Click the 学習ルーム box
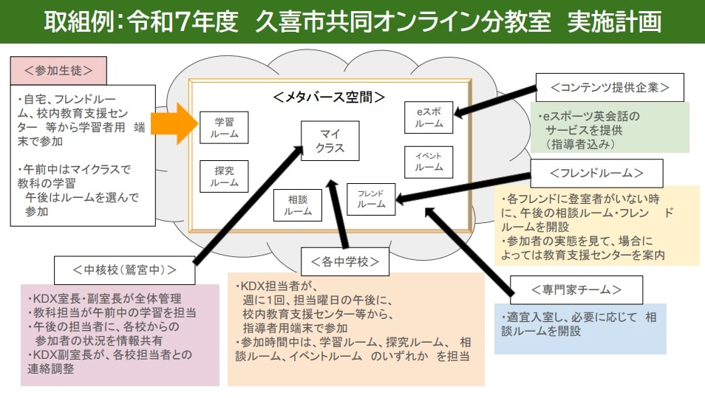(224, 127)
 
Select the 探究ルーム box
(224, 176)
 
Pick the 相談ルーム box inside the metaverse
(298, 205)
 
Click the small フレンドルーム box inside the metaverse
(371, 198)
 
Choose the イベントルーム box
(429, 162)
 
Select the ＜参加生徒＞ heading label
(58, 71)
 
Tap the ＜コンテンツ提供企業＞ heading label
(610, 87)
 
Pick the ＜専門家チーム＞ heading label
(576, 288)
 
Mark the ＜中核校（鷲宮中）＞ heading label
(125, 270)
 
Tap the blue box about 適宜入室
(579, 329)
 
